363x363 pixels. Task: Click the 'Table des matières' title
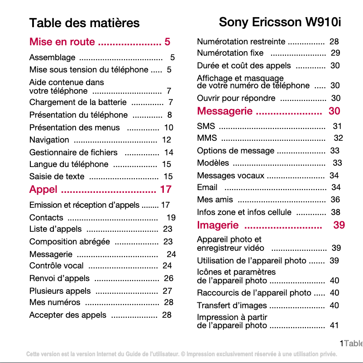84,23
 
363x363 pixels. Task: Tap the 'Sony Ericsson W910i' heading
279,22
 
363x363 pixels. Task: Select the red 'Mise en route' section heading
62,42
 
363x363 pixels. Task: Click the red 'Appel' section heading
43,189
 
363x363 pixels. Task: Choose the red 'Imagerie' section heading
218,225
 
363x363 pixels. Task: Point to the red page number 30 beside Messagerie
334,111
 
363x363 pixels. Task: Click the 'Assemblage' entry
52,57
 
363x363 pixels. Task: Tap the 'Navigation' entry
49,140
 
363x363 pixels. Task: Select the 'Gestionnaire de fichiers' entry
73,153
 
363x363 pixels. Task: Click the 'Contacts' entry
46,218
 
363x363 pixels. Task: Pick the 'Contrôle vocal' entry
57,266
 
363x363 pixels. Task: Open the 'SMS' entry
206,126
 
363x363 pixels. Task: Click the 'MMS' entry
207,138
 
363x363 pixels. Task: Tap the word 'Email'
207,187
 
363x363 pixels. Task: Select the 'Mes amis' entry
215,199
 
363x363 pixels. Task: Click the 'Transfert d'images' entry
232,306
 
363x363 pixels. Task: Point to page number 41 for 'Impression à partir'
334,325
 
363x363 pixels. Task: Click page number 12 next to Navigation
167,140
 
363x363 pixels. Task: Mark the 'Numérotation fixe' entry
230,53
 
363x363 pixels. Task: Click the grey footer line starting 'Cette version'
181,353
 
